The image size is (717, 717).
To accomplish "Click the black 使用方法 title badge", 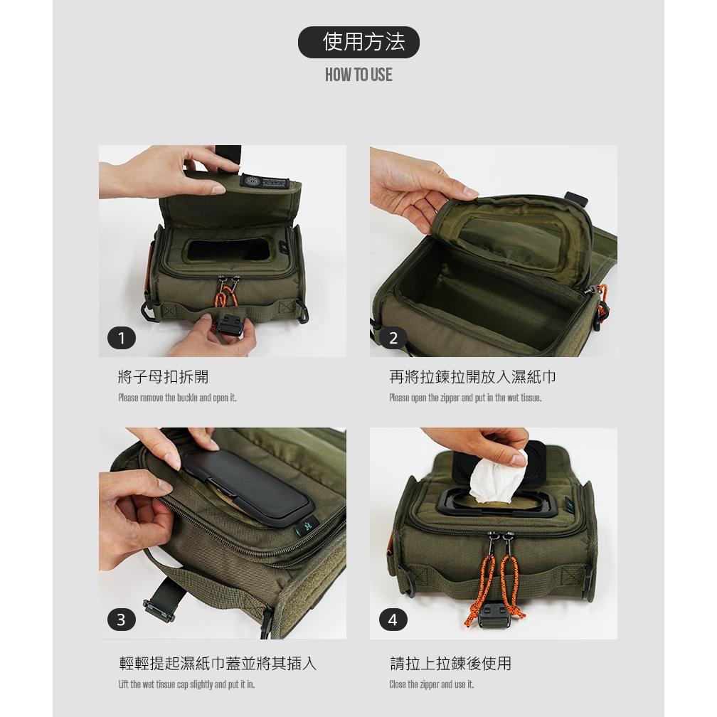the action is [358, 42].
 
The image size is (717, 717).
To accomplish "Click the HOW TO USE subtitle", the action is [358, 75].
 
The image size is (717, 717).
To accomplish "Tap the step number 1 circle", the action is [122, 339].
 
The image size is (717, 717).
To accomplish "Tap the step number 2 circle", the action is [393, 339].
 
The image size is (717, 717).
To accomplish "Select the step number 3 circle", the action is [122, 620].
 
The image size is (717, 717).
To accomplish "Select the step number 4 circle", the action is [393, 620].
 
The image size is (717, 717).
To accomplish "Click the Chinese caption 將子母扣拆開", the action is [164, 377].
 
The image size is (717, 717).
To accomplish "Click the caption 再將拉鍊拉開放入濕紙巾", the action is [473, 377].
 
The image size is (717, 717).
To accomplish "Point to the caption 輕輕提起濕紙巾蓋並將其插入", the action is [218, 663].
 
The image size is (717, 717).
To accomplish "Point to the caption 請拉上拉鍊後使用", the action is [450, 663].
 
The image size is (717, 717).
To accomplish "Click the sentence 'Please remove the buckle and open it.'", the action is [177, 398].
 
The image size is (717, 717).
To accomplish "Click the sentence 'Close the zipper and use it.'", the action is [432, 684].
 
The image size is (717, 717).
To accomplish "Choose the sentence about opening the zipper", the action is [465, 398].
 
